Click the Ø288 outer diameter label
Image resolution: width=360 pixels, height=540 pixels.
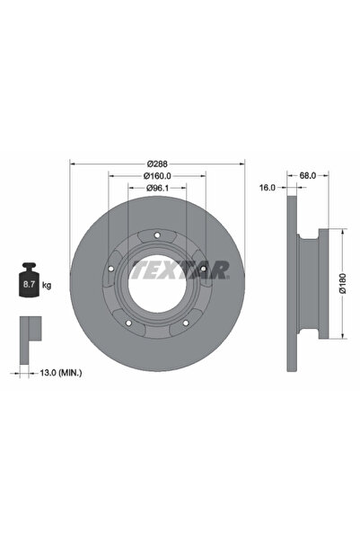coord(157,164)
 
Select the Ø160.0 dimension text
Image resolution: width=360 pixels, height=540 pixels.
coord(157,176)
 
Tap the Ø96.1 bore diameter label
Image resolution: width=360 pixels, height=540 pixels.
coord(157,188)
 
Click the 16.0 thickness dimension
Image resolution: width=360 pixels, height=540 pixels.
coord(267,188)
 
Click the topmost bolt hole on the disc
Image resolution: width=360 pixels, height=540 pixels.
coord(158,236)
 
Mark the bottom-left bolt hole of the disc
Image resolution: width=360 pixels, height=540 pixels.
coord(129,324)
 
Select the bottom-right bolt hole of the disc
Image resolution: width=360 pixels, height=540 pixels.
coord(187,324)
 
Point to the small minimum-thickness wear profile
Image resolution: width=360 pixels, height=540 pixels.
coord(29,331)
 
